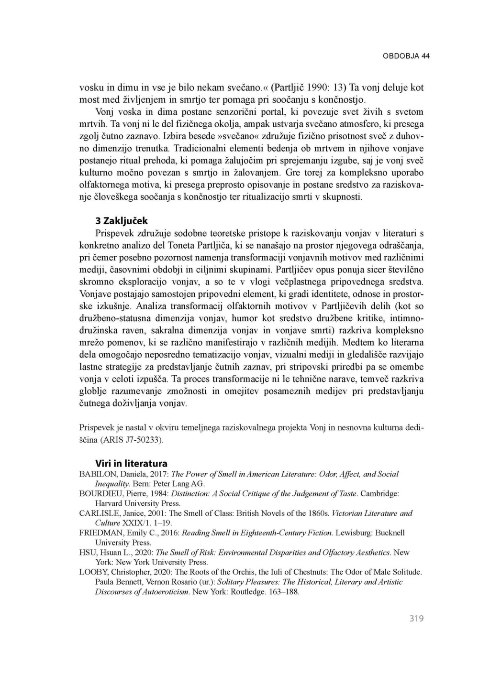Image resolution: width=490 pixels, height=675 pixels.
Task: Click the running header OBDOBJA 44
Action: tap(406, 56)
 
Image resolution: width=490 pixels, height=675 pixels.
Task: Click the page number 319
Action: tap(416, 619)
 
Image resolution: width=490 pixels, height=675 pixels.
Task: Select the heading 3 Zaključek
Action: tap(122, 221)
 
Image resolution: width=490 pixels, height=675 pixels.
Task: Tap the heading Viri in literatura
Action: tap(131, 463)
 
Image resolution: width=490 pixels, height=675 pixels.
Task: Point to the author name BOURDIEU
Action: tap(100, 493)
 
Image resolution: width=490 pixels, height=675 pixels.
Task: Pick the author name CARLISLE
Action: tap(98, 513)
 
